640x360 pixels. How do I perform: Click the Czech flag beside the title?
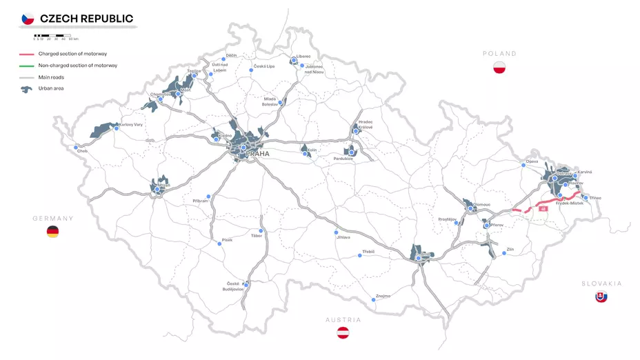(x=28, y=19)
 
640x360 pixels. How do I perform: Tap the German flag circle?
(x=52, y=232)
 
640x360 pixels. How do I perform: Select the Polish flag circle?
(x=500, y=67)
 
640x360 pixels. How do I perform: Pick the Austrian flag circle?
(x=343, y=333)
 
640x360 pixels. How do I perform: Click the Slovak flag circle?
(x=601, y=297)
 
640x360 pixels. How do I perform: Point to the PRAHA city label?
(x=257, y=154)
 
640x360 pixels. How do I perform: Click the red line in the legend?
(x=27, y=54)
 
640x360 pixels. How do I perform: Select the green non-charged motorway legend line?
(x=27, y=66)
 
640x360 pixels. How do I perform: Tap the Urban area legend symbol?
(x=27, y=89)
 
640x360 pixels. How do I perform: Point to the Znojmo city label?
(x=383, y=296)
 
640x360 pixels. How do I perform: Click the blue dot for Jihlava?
(x=337, y=232)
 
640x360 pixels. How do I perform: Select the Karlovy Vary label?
(x=131, y=125)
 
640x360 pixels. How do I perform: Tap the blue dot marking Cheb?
(x=76, y=147)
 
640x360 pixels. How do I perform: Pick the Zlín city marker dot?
(x=504, y=253)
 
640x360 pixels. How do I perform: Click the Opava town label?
(x=532, y=161)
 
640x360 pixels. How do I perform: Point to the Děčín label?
(x=232, y=54)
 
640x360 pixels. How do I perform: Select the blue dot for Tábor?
(x=261, y=230)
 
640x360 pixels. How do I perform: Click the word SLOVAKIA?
(x=601, y=283)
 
